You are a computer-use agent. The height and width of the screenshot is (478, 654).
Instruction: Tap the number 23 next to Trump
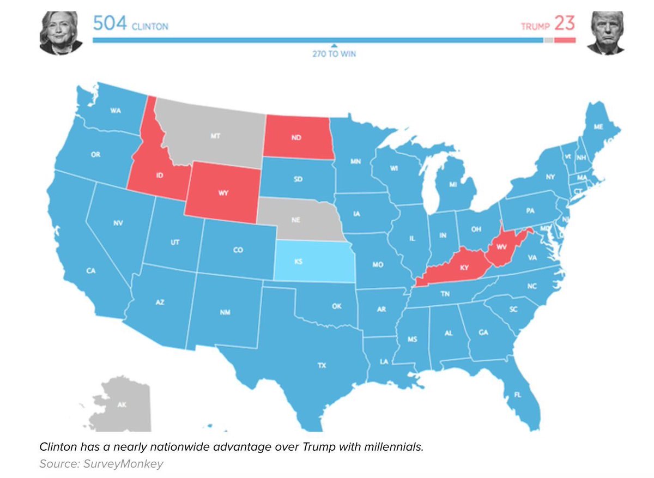point(565,25)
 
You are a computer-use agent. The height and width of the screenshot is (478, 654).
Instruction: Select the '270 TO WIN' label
point(334,55)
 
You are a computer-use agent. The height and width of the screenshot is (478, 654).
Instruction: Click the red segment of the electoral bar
point(565,40)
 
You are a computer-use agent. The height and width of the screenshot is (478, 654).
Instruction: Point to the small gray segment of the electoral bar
point(548,40)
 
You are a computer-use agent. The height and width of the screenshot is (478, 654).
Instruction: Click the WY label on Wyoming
point(222,192)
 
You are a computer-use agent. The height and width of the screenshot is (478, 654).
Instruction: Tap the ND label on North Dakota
point(296,137)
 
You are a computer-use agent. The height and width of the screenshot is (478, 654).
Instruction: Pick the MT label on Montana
point(215,135)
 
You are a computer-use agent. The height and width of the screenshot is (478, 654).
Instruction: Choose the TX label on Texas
point(322,366)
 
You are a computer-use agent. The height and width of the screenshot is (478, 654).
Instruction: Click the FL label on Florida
point(517,395)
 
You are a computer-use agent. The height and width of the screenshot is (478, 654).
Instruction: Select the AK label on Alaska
point(123,404)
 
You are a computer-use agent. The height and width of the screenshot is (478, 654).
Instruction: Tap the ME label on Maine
point(598,127)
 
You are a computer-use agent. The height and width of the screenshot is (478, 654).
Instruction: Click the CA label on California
point(91,270)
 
